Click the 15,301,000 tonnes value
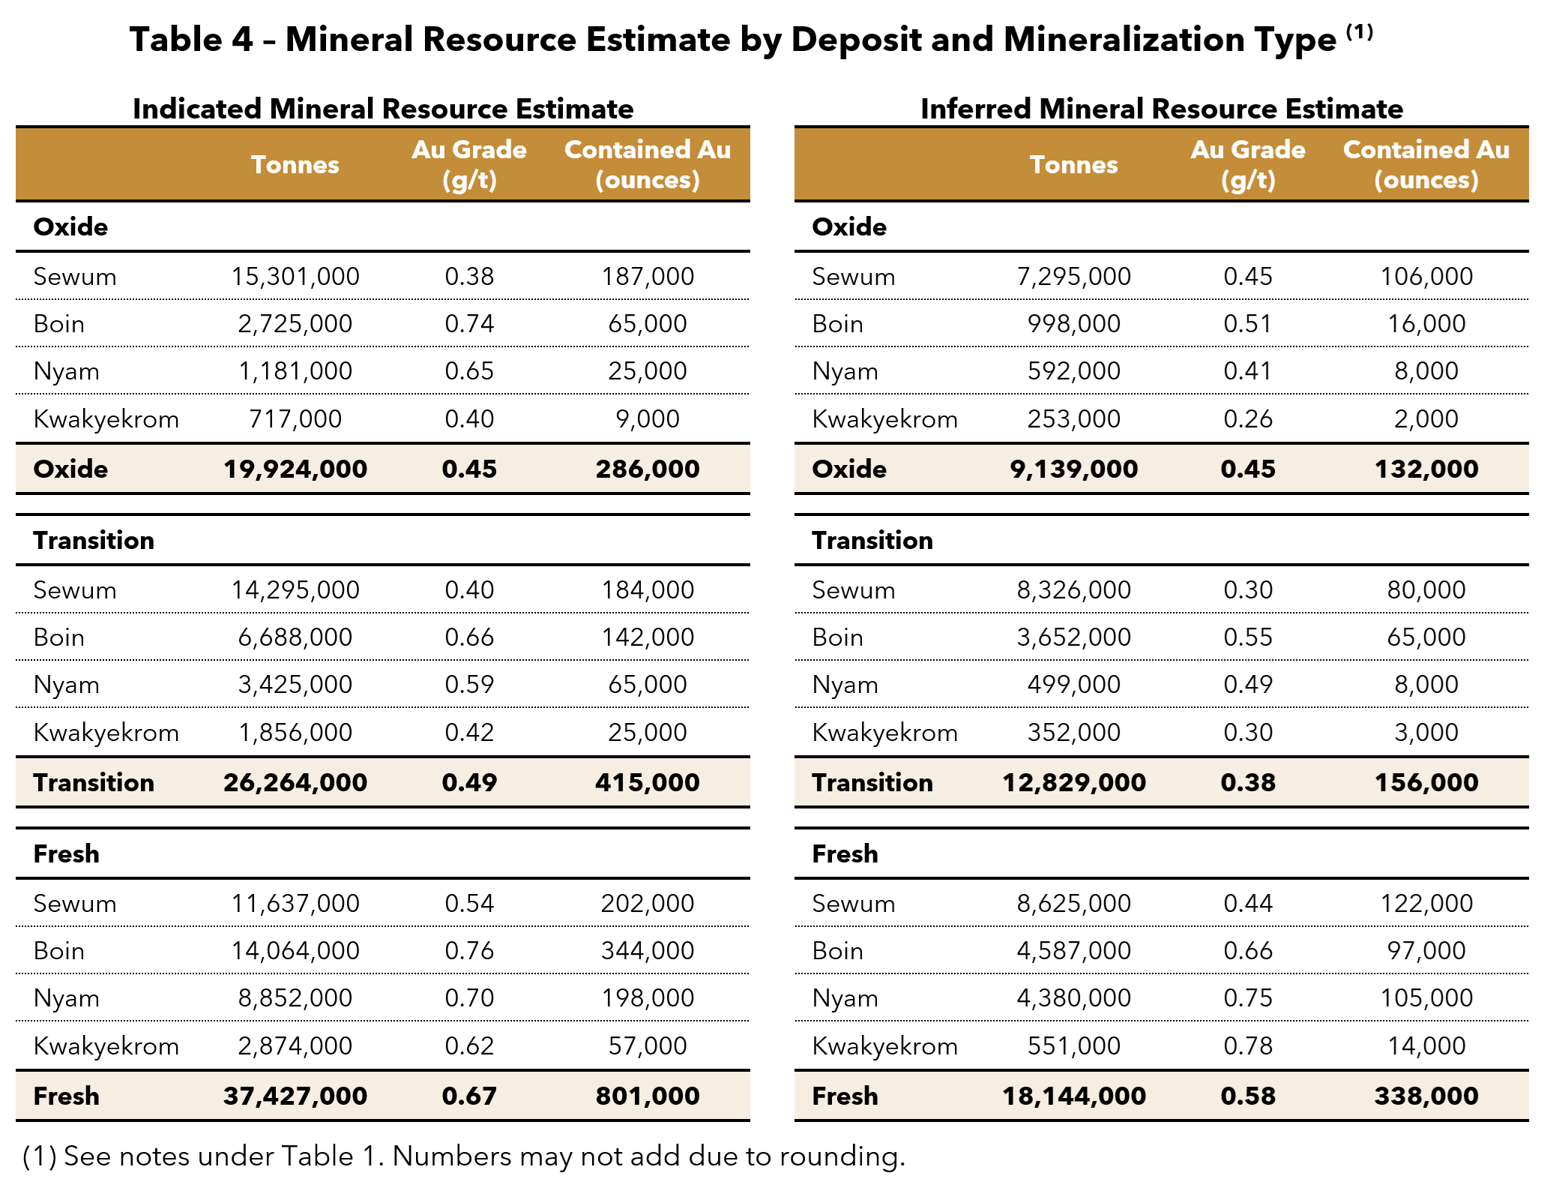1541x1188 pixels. [x=295, y=277]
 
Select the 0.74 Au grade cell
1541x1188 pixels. [x=469, y=324]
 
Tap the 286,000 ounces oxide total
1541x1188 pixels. [x=648, y=469]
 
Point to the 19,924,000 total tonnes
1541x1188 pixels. [x=295, y=469]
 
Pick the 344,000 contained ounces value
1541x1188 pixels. [x=648, y=951]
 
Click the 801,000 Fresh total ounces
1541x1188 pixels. [x=648, y=1096]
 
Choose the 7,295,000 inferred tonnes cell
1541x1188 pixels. [x=1073, y=277]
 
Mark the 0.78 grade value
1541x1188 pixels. [x=1248, y=1046]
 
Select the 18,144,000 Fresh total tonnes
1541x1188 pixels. [x=1073, y=1096]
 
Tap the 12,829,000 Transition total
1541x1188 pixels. [x=1073, y=783]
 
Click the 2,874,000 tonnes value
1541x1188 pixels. [x=295, y=1046]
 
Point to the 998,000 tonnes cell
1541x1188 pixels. [x=1073, y=324]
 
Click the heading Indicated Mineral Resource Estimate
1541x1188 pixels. [x=383, y=109]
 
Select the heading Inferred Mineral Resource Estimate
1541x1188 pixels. [x=1162, y=109]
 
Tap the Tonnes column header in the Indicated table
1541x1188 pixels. [x=295, y=165]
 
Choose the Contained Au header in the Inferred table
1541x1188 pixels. [x=1426, y=150]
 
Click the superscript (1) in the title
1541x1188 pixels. [x=1359, y=31]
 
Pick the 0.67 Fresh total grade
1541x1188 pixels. [x=469, y=1096]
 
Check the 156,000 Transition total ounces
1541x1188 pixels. [x=1426, y=783]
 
